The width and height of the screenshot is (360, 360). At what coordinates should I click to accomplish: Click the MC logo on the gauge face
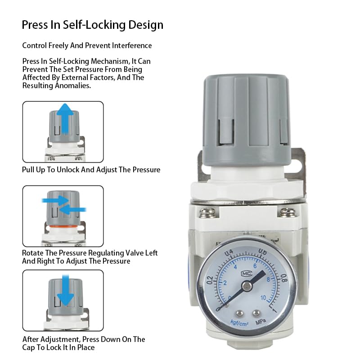coord(246,273)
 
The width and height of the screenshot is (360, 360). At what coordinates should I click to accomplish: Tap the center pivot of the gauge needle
coord(246,286)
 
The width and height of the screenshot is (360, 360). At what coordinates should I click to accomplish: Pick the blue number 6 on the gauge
coord(255,265)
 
